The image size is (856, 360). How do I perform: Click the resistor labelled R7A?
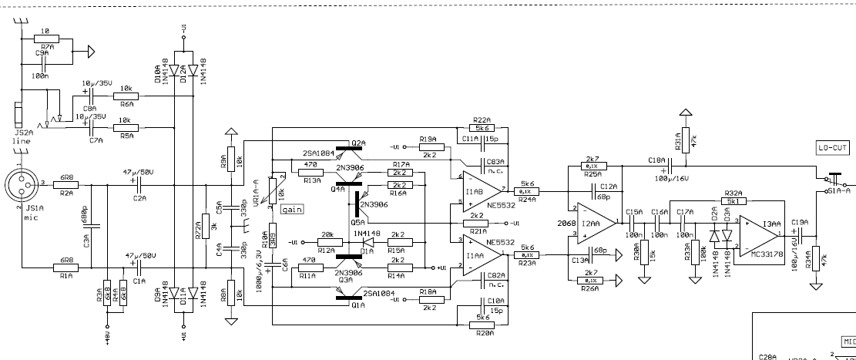(x=45, y=39)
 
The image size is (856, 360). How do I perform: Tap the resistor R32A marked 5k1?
(x=732, y=203)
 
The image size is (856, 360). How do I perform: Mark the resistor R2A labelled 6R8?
(x=67, y=185)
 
